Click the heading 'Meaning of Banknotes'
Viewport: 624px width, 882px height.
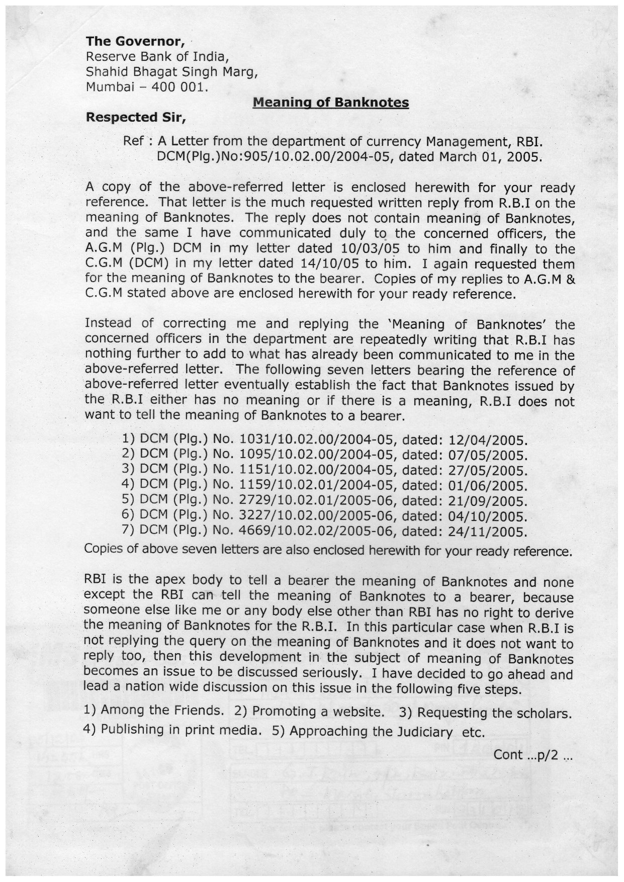[330, 103]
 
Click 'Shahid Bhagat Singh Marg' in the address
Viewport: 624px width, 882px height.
[172, 72]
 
